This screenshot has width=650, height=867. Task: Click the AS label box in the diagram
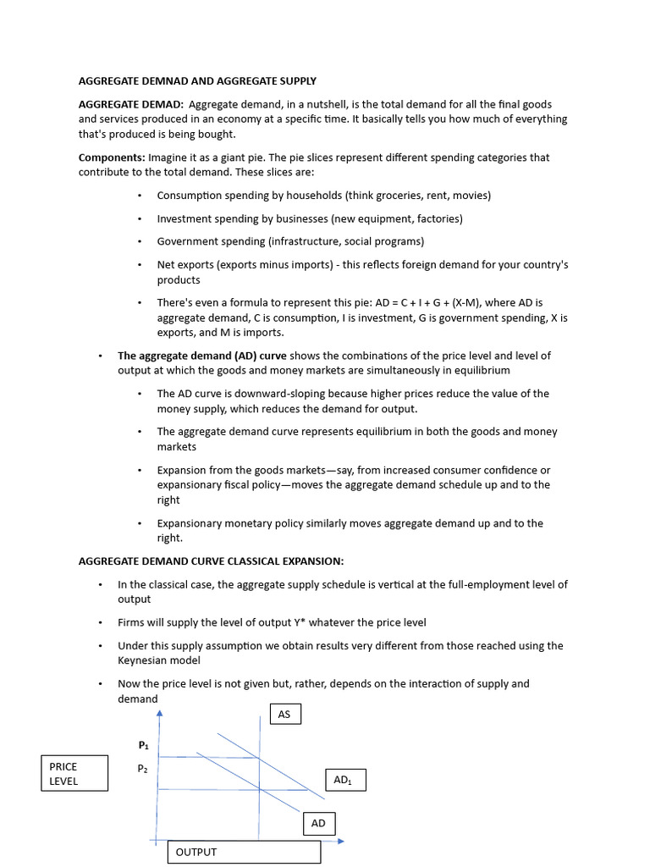point(284,715)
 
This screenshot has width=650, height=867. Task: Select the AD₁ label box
point(344,780)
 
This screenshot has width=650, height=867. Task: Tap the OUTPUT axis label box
point(244,852)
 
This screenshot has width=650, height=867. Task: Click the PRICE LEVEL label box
point(74,773)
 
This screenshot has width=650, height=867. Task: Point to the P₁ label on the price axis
point(144,745)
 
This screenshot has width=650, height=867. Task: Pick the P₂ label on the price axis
point(144,769)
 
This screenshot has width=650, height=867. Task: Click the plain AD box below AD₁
point(319,823)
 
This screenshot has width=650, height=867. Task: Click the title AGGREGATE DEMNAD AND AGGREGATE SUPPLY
point(197,81)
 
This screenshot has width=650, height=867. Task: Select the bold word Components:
point(112,157)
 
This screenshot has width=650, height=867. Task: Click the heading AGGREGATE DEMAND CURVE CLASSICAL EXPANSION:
point(211,561)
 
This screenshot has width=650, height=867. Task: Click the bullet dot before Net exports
point(140,265)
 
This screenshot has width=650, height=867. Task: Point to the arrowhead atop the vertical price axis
point(158,714)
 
